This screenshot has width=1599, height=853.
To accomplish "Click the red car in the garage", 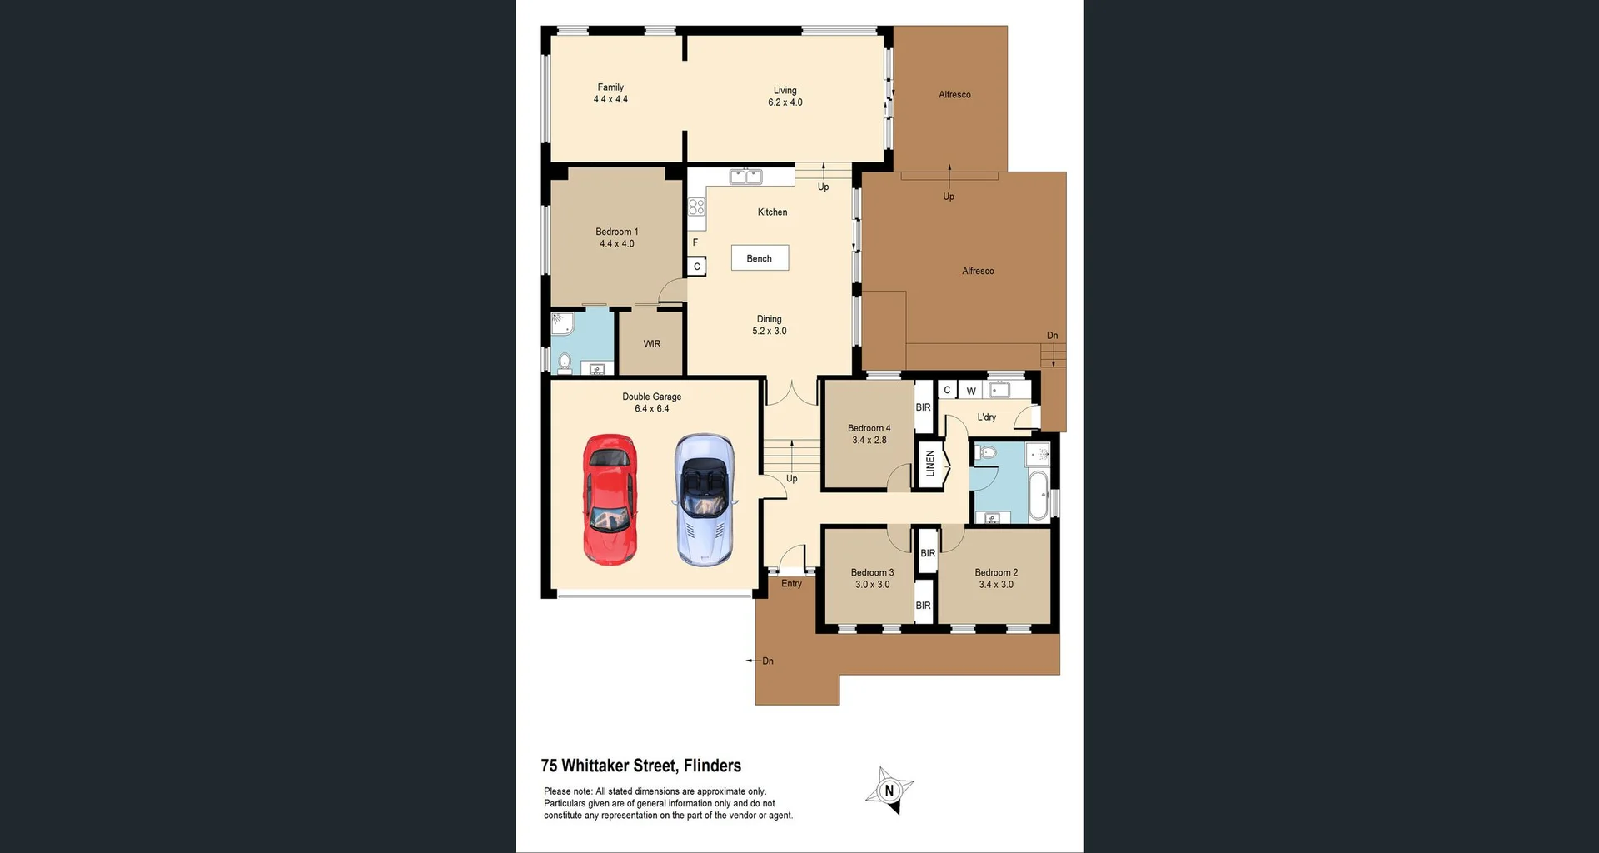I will (x=610, y=500).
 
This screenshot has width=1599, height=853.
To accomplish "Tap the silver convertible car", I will (x=705, y=500).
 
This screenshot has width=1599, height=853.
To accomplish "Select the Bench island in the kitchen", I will (x=760, y=258).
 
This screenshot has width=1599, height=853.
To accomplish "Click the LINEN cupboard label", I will (x=930, y=463).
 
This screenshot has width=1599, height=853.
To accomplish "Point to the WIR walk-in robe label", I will (x=652, y=344).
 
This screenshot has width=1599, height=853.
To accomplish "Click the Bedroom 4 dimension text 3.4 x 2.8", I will (x=869, y=441).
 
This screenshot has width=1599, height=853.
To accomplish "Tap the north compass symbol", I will (x=889, y=791).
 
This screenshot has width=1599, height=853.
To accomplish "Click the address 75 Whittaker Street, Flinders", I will (x=640, y=766).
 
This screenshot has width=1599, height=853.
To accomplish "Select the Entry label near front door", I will (x=791, y=584).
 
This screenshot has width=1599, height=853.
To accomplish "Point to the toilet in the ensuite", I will (x=565, y=362).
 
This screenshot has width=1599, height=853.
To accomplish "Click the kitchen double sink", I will (x=745, y=177).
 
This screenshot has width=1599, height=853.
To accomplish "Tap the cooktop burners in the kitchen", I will (x=696, y=207).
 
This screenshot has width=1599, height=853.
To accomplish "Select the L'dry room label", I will (x=986, y=417).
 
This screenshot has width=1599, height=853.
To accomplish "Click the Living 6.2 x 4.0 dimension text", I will (x=785, y=102).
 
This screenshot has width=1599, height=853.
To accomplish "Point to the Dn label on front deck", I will (x=767, y=661).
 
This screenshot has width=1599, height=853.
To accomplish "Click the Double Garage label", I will (x=651, y=397).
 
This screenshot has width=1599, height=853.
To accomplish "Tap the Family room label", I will (x=610, y=87).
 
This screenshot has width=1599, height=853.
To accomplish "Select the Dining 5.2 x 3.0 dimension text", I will (x=769, y=331).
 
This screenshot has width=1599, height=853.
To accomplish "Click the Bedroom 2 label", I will (x=996, y=572).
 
